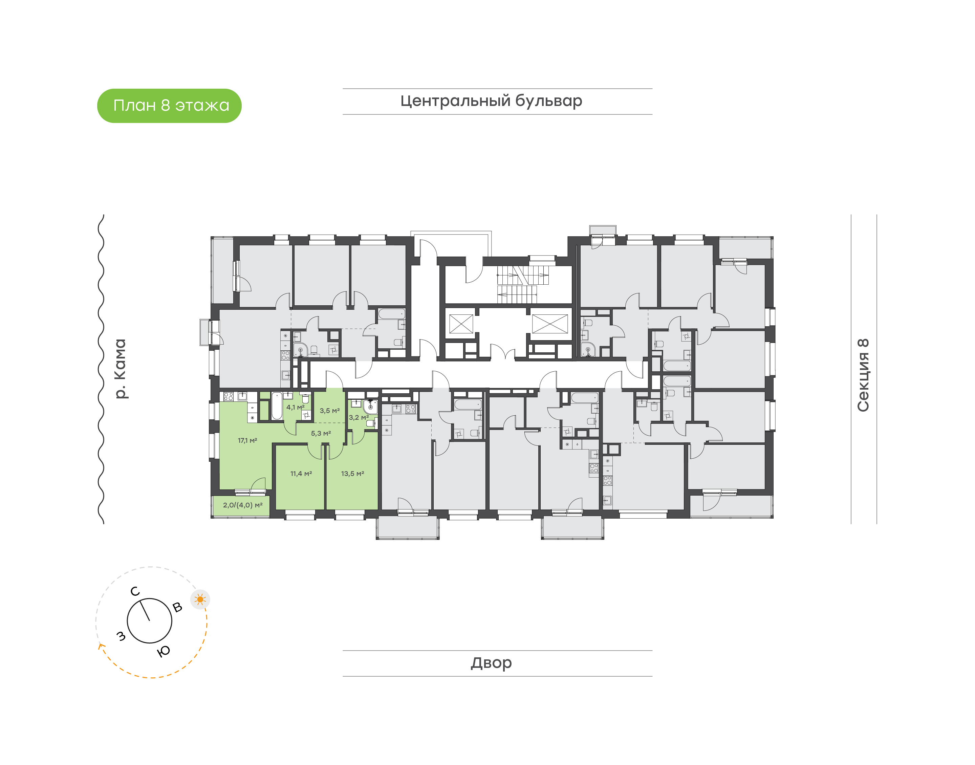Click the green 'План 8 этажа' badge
tap(169, 106)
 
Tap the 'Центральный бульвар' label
tap(491, 101)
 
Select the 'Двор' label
tap(491, 663)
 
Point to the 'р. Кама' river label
tap(120, 369)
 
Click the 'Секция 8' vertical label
tap(863, 375)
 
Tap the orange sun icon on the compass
tap(200, 599)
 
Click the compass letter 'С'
tap(135, 592)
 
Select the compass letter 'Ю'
tap(164, 651)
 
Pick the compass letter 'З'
tap(121, 636)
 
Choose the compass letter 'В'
tap(177, 607)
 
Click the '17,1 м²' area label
tap(247, 441)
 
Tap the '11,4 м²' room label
tap(301, 474)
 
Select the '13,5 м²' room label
tap(352, 474)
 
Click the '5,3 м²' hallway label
tap(321, 434)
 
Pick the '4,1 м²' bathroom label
tap(295, 408)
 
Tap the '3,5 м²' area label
tap(330, 411)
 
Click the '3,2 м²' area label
tap(359, 417)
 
